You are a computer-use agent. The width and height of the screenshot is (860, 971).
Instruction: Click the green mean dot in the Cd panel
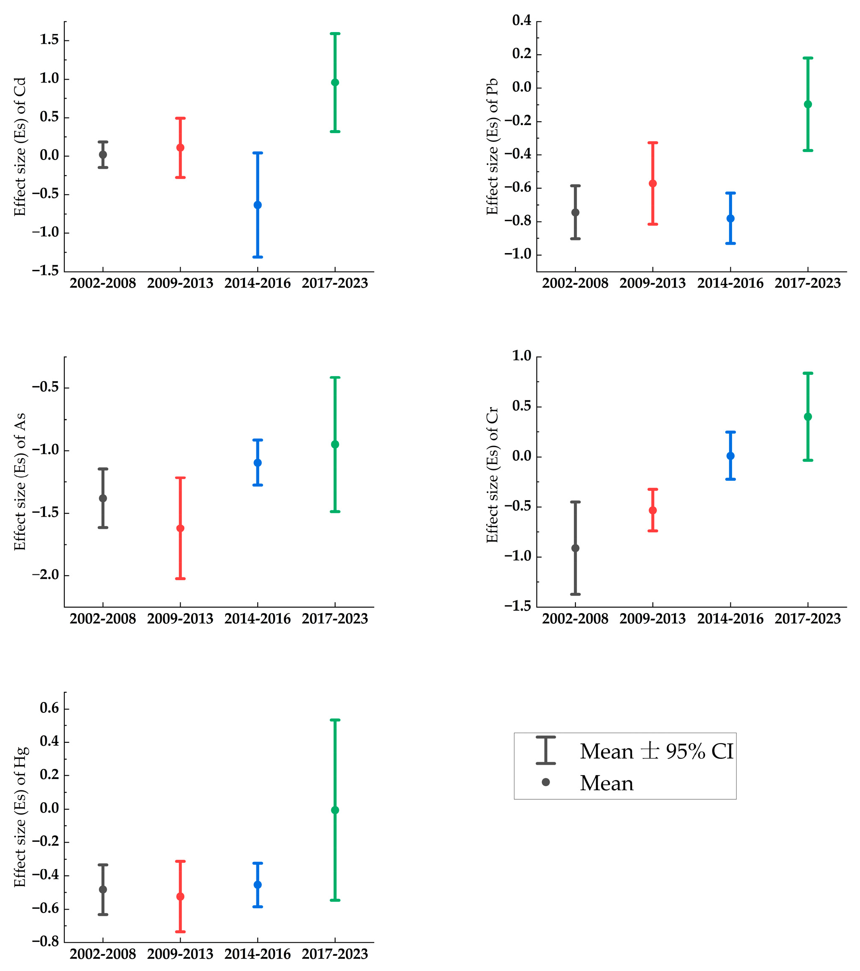(x=335, y=82)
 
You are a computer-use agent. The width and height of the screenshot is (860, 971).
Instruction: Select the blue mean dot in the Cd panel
(x=257, y=205)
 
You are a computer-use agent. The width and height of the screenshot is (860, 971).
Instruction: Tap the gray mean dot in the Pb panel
(x=575, y=212)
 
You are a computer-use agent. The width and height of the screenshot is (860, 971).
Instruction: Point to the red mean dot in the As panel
(x=180, y=528)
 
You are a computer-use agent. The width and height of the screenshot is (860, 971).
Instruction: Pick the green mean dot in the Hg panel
(x=335, y=810)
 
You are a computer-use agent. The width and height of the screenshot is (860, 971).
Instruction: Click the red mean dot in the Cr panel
(x=652, y=510)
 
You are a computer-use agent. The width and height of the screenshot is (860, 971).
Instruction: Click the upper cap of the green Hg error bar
(x=335, y=720)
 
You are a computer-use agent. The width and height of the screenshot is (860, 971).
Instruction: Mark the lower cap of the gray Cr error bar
(x=575, y=594)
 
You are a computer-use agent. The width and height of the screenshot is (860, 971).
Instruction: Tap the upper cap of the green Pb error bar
(x=808, y=58)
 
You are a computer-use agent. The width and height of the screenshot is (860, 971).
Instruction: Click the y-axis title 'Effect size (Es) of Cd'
(x=19, y=146)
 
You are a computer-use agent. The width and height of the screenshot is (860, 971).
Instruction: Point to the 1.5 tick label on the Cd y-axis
(x=49, y=40)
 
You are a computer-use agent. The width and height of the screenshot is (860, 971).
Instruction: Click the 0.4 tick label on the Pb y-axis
(x=522, y=21)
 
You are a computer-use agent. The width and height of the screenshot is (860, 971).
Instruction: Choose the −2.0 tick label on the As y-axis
(x=45, y=575)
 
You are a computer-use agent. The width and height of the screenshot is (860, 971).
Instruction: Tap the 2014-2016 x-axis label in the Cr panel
(x=730, y=619)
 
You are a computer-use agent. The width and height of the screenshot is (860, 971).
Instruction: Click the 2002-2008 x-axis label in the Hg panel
(x=103, y=954)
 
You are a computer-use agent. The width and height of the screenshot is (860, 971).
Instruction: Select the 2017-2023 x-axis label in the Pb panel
(x=807, y=283)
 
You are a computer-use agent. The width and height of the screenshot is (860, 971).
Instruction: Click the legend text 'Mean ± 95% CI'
(x=656, y=751)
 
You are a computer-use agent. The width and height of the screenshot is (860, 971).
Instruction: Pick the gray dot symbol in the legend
(x=546, y=782)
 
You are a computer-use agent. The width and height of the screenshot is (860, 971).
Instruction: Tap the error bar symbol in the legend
(x=546, y=750)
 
